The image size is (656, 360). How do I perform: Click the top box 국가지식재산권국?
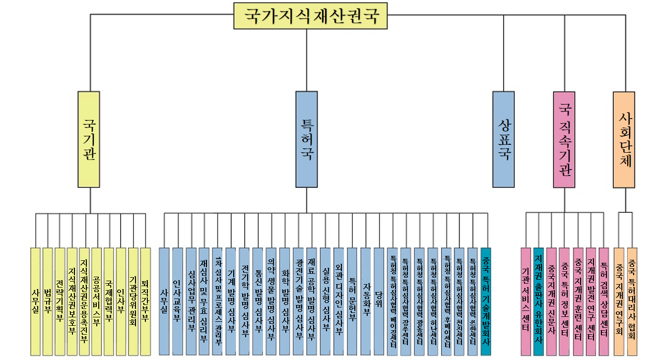311,16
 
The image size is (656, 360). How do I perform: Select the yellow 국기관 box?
89,139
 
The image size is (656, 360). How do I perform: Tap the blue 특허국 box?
306,139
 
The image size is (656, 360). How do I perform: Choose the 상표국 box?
503,139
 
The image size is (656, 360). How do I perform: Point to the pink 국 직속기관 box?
564,139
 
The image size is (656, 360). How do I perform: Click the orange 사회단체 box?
624,139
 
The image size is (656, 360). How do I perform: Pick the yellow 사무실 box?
35,301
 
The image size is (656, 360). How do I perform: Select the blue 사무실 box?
164,301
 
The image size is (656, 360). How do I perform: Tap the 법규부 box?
48,301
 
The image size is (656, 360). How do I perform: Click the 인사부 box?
121,301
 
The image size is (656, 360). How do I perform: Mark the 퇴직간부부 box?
145,301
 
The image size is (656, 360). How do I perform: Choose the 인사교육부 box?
178,301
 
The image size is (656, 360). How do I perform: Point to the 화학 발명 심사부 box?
285,301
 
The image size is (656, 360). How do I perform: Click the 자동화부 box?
366,301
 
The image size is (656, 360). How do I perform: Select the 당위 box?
379,301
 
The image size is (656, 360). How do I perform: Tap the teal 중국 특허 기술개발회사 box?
486,301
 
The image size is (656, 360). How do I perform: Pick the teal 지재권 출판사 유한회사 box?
538,301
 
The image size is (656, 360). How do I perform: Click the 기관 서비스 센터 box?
526,301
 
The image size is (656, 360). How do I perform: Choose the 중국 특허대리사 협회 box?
632,301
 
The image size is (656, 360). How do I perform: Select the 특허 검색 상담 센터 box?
603,301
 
